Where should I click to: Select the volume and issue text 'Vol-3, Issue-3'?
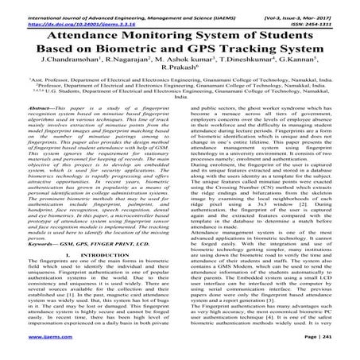pyautogui.click(x=299, y=6)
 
